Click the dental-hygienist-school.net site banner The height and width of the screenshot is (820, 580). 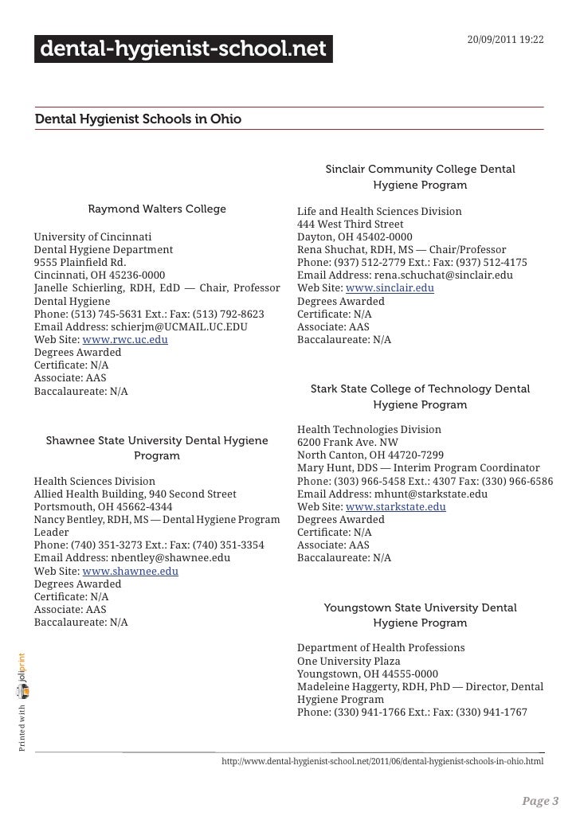183,50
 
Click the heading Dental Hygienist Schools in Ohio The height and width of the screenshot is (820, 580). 138,119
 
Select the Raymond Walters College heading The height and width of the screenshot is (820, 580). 157,209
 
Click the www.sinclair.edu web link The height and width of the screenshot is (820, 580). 390,288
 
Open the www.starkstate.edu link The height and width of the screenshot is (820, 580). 396,506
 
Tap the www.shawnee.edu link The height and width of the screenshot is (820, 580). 130,571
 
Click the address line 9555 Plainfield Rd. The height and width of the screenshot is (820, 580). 80,263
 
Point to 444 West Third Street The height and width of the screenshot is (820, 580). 350,225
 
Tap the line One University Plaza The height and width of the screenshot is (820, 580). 348,661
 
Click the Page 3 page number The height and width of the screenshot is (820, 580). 539,799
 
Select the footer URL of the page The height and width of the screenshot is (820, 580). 382,762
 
